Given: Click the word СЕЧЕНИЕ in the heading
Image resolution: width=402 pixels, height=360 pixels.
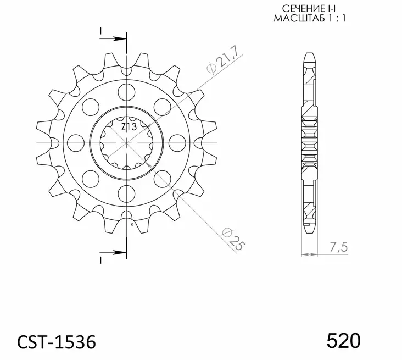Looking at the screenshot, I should pyautogui.click(x=296, y=9).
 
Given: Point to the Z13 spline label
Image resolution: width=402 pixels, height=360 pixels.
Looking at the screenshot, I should pyautogui.click(x=130, y=128).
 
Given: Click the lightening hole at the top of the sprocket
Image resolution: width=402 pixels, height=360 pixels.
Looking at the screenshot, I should pyautogui.click(x=127, y=91).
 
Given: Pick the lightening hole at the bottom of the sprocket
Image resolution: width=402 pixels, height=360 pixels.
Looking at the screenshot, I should pyautogui.click(x=127, y=192).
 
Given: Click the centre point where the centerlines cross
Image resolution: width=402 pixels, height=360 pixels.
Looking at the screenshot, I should pyautogui.click(x=127, y=142).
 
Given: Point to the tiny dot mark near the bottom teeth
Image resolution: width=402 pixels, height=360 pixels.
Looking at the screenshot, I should pyautogui.click(x=132, y=224).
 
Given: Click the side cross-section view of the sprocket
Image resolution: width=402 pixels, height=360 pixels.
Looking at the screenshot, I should pyautogui.click(x=310, y=142).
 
